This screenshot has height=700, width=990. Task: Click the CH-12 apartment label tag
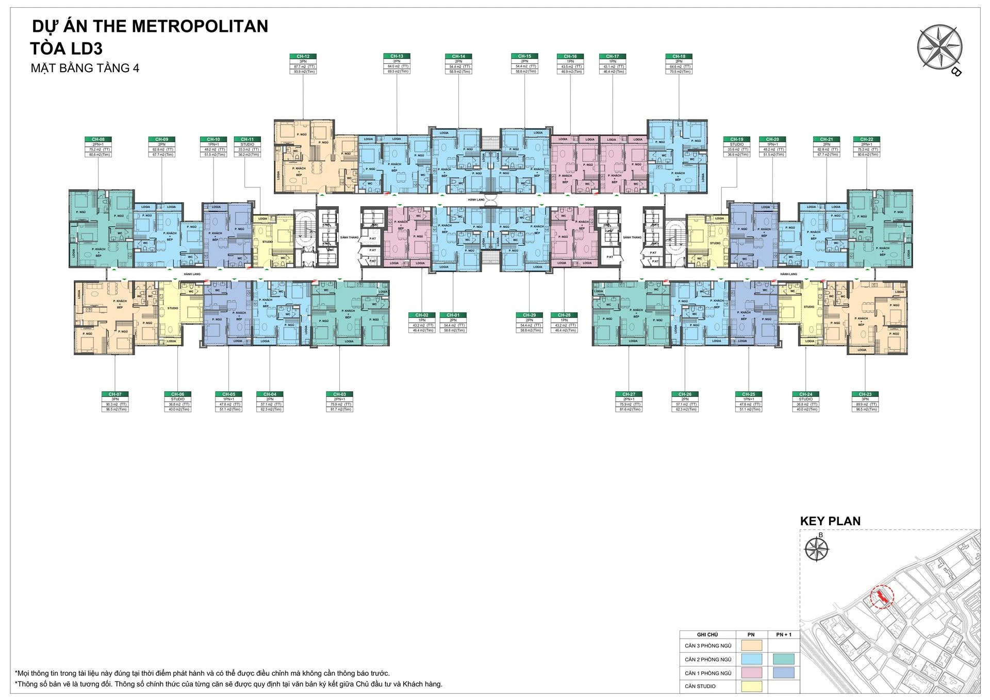(x=303, y=56)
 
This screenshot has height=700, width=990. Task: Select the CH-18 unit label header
(x=679, y=56)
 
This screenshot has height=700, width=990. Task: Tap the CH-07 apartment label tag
(x=115, y=394)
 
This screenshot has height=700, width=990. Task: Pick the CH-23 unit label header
(x=865, y=394)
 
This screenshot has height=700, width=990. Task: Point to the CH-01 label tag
(x=453, y=315)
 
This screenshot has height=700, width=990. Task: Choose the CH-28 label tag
(x=564, y=315)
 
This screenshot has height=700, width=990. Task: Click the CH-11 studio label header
(x=247, y=139)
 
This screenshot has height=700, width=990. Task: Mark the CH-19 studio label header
(x=737, y=139)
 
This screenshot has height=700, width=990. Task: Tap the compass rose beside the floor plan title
(x=939, y=47)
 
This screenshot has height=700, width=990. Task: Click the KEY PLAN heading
(x=830, y=521)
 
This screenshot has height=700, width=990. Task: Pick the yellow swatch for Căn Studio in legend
(x=751, y=686)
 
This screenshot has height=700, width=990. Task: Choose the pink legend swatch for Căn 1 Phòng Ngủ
(x=751, y=673)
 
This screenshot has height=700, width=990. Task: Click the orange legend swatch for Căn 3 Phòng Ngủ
(x=751, y=645)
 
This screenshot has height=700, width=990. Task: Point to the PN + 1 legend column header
(x=783, y=635)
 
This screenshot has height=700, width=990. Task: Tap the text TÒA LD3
(x=67, y=48)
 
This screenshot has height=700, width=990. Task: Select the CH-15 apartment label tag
(x=524, y=56)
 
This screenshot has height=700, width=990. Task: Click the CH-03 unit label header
(x=339, y=394)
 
